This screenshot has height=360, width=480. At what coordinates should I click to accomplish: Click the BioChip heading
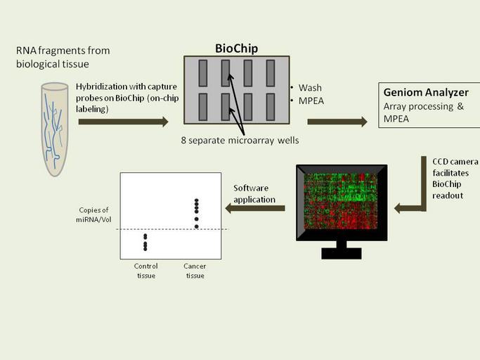(236, 48)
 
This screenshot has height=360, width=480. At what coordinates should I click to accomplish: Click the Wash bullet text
(309, 88)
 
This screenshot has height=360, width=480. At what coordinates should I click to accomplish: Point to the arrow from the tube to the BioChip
(122, 122)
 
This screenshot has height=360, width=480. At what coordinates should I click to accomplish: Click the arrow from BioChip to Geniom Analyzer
(337, 122)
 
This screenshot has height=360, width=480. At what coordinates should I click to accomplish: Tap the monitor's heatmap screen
(341, 200)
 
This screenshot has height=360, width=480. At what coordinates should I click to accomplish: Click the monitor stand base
(342, 253)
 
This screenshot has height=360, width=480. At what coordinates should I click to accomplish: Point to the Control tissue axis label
(145, 271)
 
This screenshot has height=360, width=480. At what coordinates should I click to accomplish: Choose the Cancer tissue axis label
(195, 271)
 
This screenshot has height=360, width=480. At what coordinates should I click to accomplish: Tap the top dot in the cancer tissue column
(197, 201)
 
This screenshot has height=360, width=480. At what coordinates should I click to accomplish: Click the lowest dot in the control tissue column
(145, 248)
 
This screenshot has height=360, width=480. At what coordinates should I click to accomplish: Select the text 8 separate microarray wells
(239, 141)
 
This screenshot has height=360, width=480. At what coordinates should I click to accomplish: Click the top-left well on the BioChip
(203, 72)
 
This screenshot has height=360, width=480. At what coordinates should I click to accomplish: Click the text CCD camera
(446, 161)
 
